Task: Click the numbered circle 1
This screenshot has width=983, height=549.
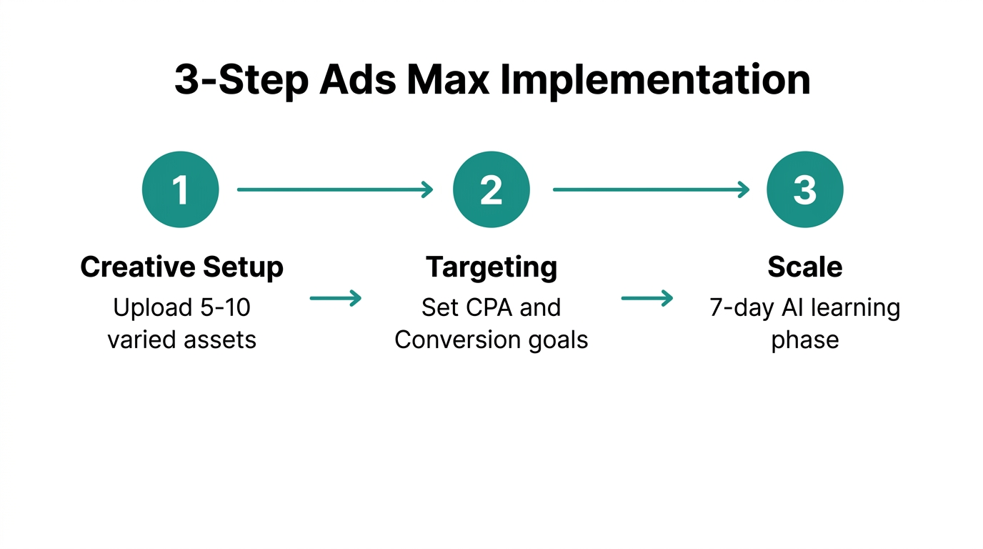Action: click(180, 189)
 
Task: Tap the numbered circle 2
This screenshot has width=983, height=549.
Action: click(491, 189)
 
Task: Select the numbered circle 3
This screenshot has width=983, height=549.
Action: click(804, 189)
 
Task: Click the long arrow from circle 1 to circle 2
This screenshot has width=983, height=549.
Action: click(335, 189)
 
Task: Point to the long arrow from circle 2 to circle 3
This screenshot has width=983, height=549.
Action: click(651, 189)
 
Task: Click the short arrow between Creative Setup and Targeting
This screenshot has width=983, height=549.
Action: click(336, 298)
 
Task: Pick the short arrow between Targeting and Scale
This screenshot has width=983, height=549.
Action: click(647, 298)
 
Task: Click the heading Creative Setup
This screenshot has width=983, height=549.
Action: click(181, 267)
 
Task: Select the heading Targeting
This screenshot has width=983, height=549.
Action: click(491, 268)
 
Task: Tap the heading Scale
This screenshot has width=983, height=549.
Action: click(804, 267)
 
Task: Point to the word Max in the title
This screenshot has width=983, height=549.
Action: click(448, 80)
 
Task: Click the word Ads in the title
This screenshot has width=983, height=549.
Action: click(357, 80)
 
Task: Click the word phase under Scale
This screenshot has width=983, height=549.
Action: click(804, 340)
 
